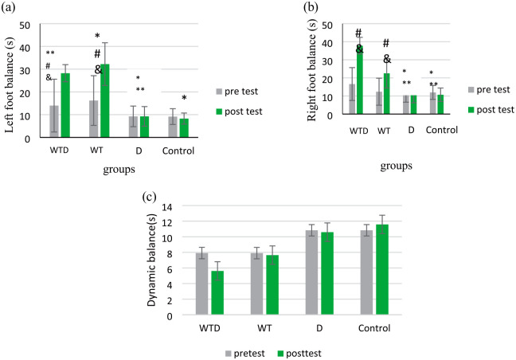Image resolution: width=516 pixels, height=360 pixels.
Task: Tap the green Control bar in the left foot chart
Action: pyautogui.click(x=184, y=127)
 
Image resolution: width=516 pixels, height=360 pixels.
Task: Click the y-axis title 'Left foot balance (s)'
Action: pyautogui.click(x=10, y=80)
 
